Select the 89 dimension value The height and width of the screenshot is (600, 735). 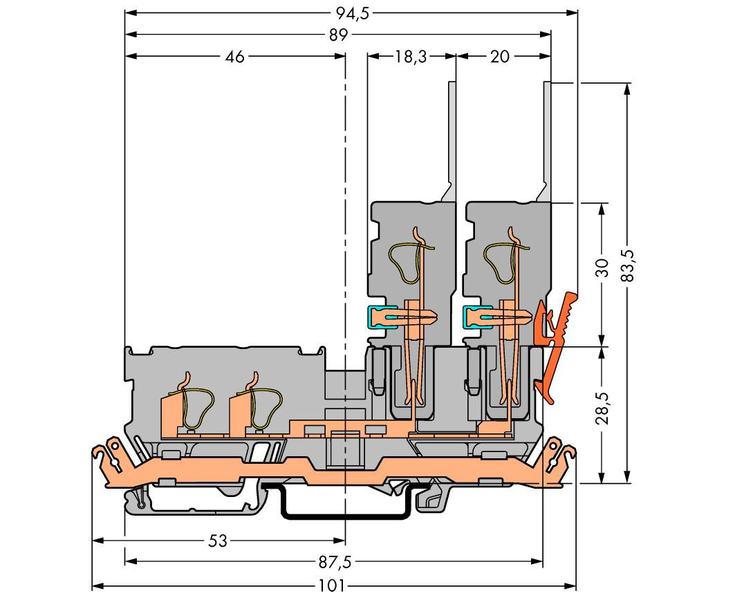(338, 35)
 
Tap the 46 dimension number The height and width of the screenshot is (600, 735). (235, 57)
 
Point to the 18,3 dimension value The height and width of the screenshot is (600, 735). (411, 57)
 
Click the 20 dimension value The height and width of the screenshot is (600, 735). (499, 57)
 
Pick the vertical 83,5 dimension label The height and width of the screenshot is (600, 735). (627, 263)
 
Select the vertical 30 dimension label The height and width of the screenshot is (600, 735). (602, 268)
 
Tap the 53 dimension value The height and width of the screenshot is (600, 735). (218, 541)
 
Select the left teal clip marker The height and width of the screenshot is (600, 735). (378, 317)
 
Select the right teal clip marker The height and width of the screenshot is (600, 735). (472, 317)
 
